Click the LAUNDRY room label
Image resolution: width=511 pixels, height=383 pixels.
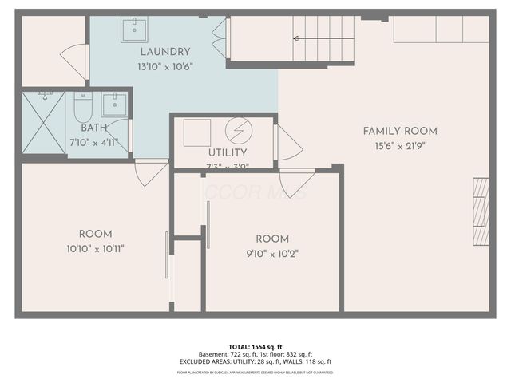tap(165, 52)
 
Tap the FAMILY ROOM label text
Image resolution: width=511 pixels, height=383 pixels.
tap(399, 131)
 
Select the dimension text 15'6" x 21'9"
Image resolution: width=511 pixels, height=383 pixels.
tap(399, 146)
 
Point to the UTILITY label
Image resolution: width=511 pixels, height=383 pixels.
tap(228, 152)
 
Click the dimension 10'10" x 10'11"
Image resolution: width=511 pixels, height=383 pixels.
tap(95, 248)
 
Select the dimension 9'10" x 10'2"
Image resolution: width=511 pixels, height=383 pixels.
tap(272, 253)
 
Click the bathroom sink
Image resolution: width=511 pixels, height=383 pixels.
tap(114, 104)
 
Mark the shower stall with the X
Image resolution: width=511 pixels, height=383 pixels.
tap(43, 122)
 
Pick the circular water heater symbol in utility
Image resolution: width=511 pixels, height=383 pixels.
tap(238, 131)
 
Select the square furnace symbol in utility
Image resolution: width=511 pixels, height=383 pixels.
tap(197, 132)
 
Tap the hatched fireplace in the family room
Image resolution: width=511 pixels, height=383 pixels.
tap(480, 211)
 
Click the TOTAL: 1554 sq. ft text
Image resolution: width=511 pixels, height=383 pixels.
tap(255, 347)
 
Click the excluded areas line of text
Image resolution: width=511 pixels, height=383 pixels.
tap(255, 363)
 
